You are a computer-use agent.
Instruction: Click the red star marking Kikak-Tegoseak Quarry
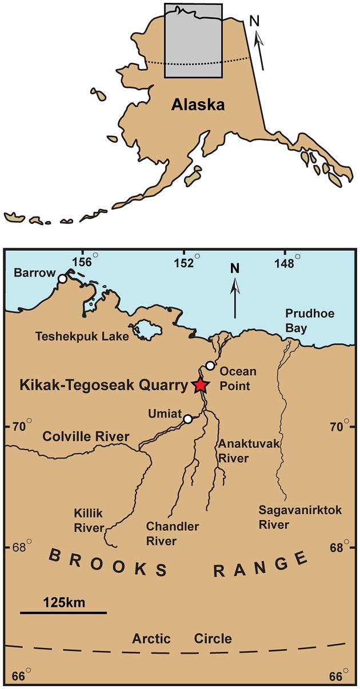point(199,386)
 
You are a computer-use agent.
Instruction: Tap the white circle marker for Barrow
point(62,278)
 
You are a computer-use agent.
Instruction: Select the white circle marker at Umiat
point(187,419)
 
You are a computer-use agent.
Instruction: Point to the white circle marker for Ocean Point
point(210,366)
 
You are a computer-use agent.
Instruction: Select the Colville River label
point(86,437)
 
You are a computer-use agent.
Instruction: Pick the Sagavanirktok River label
point(300,517)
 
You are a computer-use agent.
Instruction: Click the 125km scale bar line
point(63,612)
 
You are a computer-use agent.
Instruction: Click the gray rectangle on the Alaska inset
point(193,40)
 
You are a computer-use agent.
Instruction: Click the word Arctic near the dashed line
point(151,638)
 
